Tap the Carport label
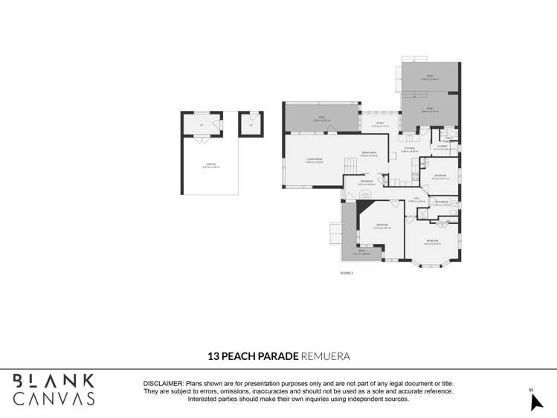[210, 166]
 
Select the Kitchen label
[410, 149]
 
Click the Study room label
[379, 123]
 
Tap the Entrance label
[366, 181]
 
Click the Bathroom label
[441, 202]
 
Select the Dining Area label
[369, 153]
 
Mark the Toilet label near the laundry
[448, 138]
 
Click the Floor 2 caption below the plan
[346, 273]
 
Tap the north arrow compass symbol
[535, 402]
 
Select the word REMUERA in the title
[325, 357]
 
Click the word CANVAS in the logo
[54, 399]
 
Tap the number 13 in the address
[213, 357]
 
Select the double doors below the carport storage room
[201, 140]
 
